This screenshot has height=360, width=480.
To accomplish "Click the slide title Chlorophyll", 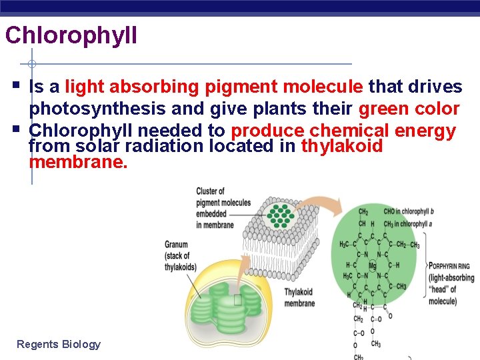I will click(71, 35).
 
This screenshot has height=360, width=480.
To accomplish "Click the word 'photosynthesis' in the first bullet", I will click(89, 109).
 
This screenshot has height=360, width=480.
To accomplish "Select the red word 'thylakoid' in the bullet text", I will click(342, 146).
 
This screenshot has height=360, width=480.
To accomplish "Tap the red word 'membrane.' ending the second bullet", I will click(78, 162).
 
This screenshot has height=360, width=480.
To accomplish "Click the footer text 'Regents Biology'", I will click(59, 344).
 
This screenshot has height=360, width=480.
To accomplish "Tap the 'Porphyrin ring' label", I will click(449, 266).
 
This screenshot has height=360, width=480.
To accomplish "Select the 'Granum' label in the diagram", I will click(176, 244).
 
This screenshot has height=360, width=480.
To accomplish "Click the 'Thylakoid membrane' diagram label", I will click(299, 297).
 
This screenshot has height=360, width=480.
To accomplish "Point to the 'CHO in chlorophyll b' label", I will click(408, 211).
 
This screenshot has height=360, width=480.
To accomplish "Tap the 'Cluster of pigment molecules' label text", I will click(223, 207).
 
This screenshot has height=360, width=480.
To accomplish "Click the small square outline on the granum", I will click(238, 300).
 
